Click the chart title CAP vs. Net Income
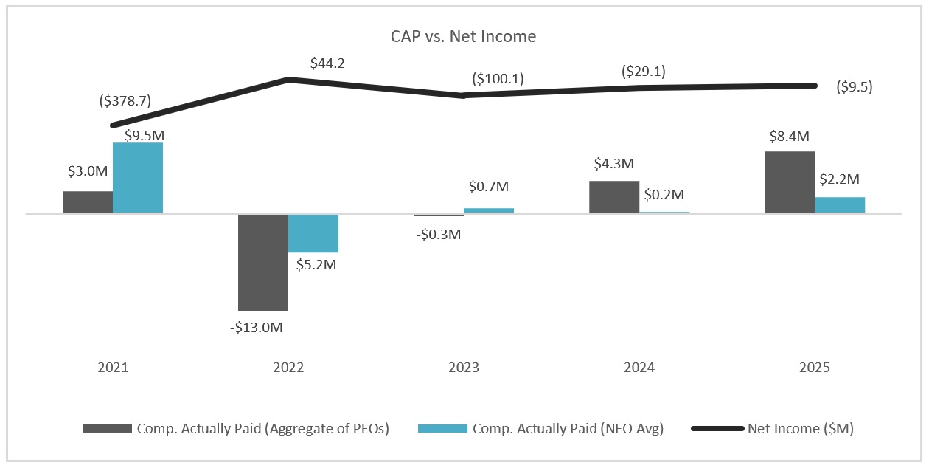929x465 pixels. (463, 37)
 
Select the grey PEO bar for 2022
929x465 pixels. (262, 262)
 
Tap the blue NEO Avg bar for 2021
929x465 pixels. (138, 178)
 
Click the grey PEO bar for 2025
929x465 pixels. (789, 182)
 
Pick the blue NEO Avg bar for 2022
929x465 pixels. (313, 233)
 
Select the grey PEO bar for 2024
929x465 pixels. (614, 197)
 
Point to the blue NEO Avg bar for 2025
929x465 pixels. (840, 205)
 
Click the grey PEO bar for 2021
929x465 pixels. (88, 202)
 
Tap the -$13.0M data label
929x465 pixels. (256, 327)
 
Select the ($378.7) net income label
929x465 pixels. (125, 101)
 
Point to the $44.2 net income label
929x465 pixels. (327, 63)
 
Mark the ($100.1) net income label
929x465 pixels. (498, 78)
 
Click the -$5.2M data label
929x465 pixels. (314, 264)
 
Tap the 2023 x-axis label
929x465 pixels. (464, 368)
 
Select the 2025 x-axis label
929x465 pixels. (815, 368)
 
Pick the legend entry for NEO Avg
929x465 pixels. (541, 428)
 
